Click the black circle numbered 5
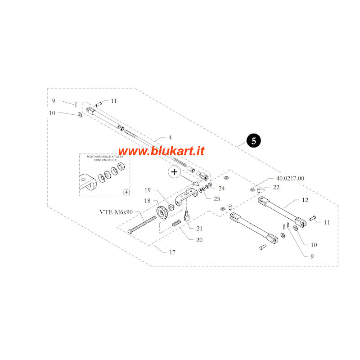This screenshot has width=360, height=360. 253,141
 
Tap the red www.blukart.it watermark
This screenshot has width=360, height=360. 161,151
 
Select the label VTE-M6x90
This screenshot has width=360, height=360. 116,212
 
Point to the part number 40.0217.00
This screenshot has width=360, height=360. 287,178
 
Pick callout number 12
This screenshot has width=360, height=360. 305,200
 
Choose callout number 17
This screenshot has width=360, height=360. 172,252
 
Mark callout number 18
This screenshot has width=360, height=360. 147,201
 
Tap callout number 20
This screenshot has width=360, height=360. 198,239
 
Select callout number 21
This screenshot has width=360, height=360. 198,228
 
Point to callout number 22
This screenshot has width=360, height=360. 276,187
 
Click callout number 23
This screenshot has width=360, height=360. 216,198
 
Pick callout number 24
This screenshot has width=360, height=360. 221,188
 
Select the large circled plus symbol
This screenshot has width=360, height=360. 174,171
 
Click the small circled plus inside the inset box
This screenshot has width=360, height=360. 126,192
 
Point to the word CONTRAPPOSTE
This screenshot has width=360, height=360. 104,160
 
